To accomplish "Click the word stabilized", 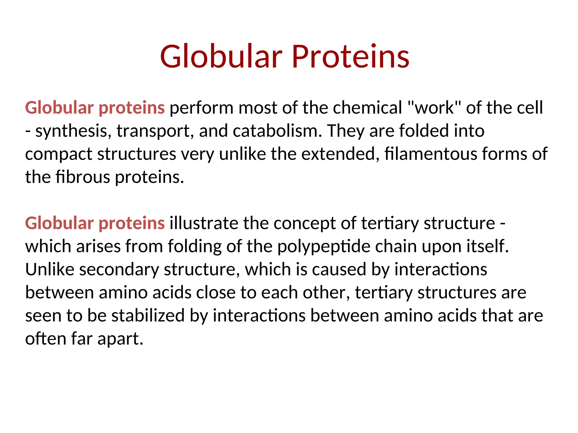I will (x=148, y=315).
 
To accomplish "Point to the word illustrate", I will (x=204, y=223).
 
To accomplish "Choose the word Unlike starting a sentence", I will (x=50, y=269).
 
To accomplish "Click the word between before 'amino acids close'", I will (x=59, y=292).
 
